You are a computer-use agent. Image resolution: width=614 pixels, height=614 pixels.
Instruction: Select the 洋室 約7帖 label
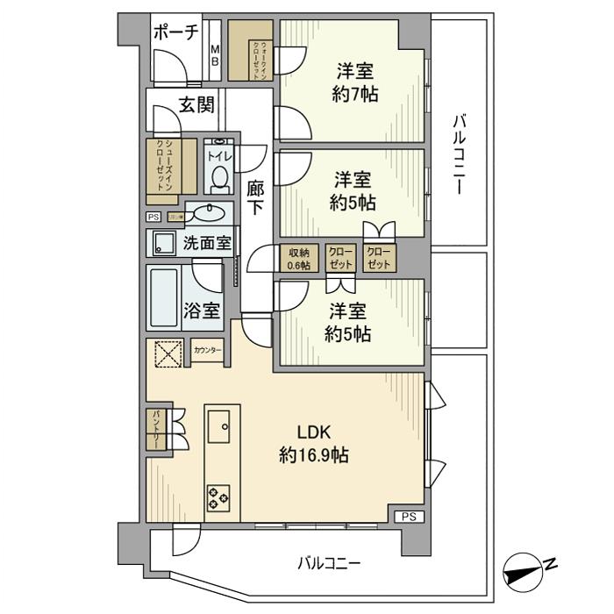[x=355, y=82]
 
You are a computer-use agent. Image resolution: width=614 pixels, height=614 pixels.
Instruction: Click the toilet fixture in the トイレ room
[x=218, y=178]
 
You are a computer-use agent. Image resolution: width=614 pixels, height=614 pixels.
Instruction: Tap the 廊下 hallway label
[x=255, y=197]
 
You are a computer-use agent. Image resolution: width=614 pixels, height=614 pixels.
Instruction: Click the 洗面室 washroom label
[x=207, y=243]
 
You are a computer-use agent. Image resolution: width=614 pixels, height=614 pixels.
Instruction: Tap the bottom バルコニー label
[x=329, y=562]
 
